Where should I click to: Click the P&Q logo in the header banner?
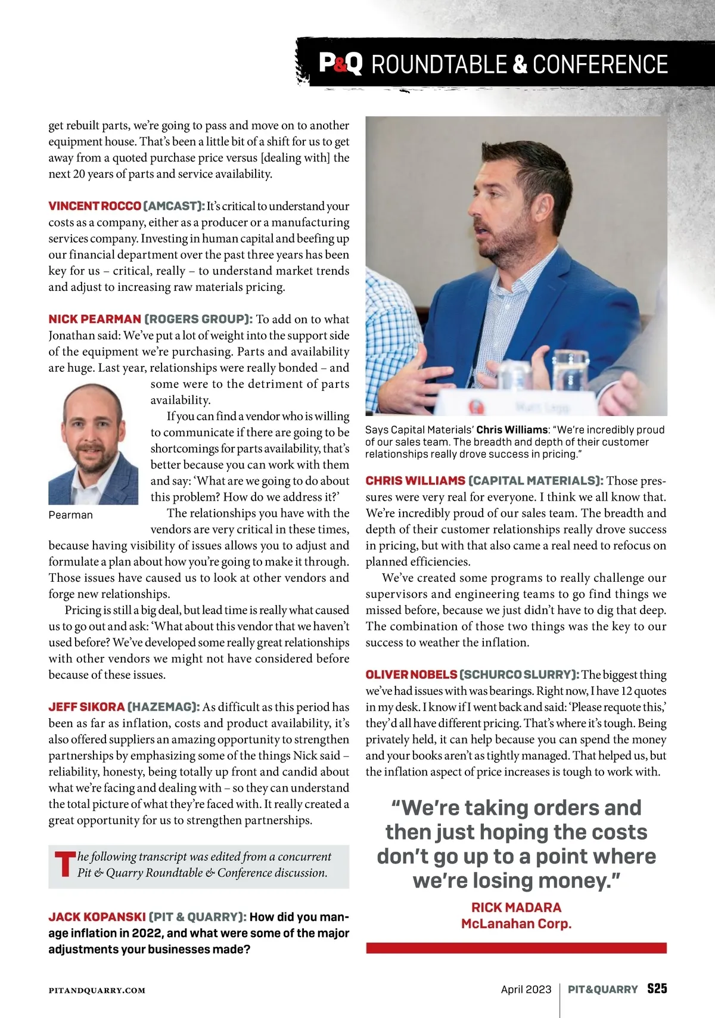tap(340, 64)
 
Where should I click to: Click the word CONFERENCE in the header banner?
tap(600, 64)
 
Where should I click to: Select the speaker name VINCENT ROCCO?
tap(95, 206)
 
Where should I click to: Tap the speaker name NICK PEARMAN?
tap(95, 319)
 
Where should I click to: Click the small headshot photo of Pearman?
tap(93, 444)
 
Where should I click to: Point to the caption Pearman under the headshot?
tap(71, 515)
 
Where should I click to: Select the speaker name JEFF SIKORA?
tap(86, 707)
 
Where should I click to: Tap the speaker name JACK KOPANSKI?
tap(97, 917)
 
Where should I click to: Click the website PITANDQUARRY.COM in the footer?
tap(97, 991)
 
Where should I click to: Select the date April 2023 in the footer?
tap(526, 989)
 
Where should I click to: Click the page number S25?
tap(657, 989)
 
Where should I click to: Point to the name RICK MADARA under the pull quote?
tap(516, 907)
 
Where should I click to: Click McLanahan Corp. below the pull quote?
tap(516, 924)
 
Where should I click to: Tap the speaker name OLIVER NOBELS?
tap(411, 675)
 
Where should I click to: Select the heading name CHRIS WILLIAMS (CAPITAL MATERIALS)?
tap(484, 480)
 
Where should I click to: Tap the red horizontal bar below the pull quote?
tap(516, 948)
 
